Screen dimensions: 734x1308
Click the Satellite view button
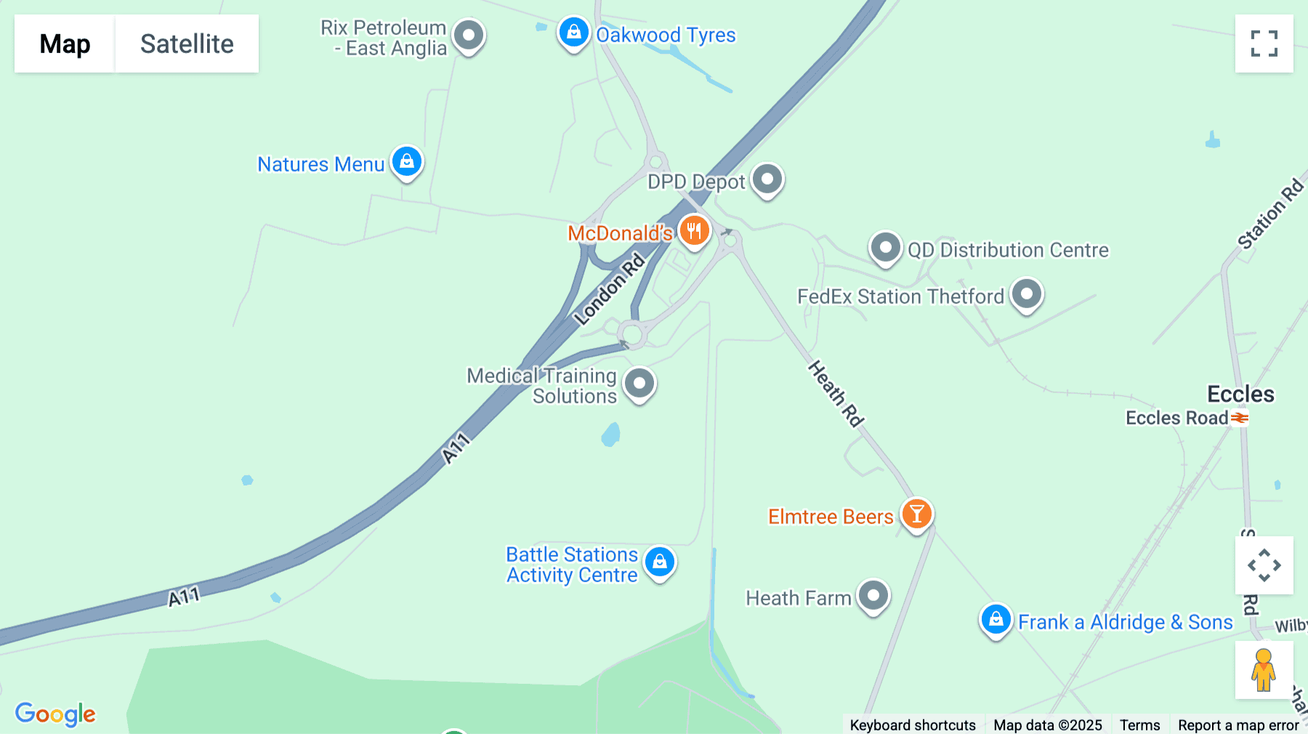pos(187,44)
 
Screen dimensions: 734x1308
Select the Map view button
pos(65,44)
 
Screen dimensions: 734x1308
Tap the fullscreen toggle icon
pos(1264,44)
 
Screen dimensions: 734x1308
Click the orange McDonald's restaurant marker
pos(694,230)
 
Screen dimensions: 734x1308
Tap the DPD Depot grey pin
pos(767,179)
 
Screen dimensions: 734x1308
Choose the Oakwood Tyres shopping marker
pos(573,33)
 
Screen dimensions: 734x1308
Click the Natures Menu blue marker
pos(407,161)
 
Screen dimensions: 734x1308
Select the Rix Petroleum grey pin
pos(469,35)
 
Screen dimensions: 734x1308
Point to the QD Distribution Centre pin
pos(885,248)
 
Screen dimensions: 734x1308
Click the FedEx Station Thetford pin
pos(1026,294)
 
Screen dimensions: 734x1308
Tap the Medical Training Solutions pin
pos(639,383)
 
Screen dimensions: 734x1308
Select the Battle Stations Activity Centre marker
pos(659,562)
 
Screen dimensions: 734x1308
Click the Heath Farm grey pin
pos(873,596)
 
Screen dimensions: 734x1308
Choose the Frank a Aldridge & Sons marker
pos(996,620)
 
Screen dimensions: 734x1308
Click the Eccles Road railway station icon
pos(1240,418)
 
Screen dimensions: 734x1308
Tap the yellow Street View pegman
pos(1264,669)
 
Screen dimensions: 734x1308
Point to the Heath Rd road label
pos(836,393)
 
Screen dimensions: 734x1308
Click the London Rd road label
pos(609,289)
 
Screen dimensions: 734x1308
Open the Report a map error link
pos(1238,725)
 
